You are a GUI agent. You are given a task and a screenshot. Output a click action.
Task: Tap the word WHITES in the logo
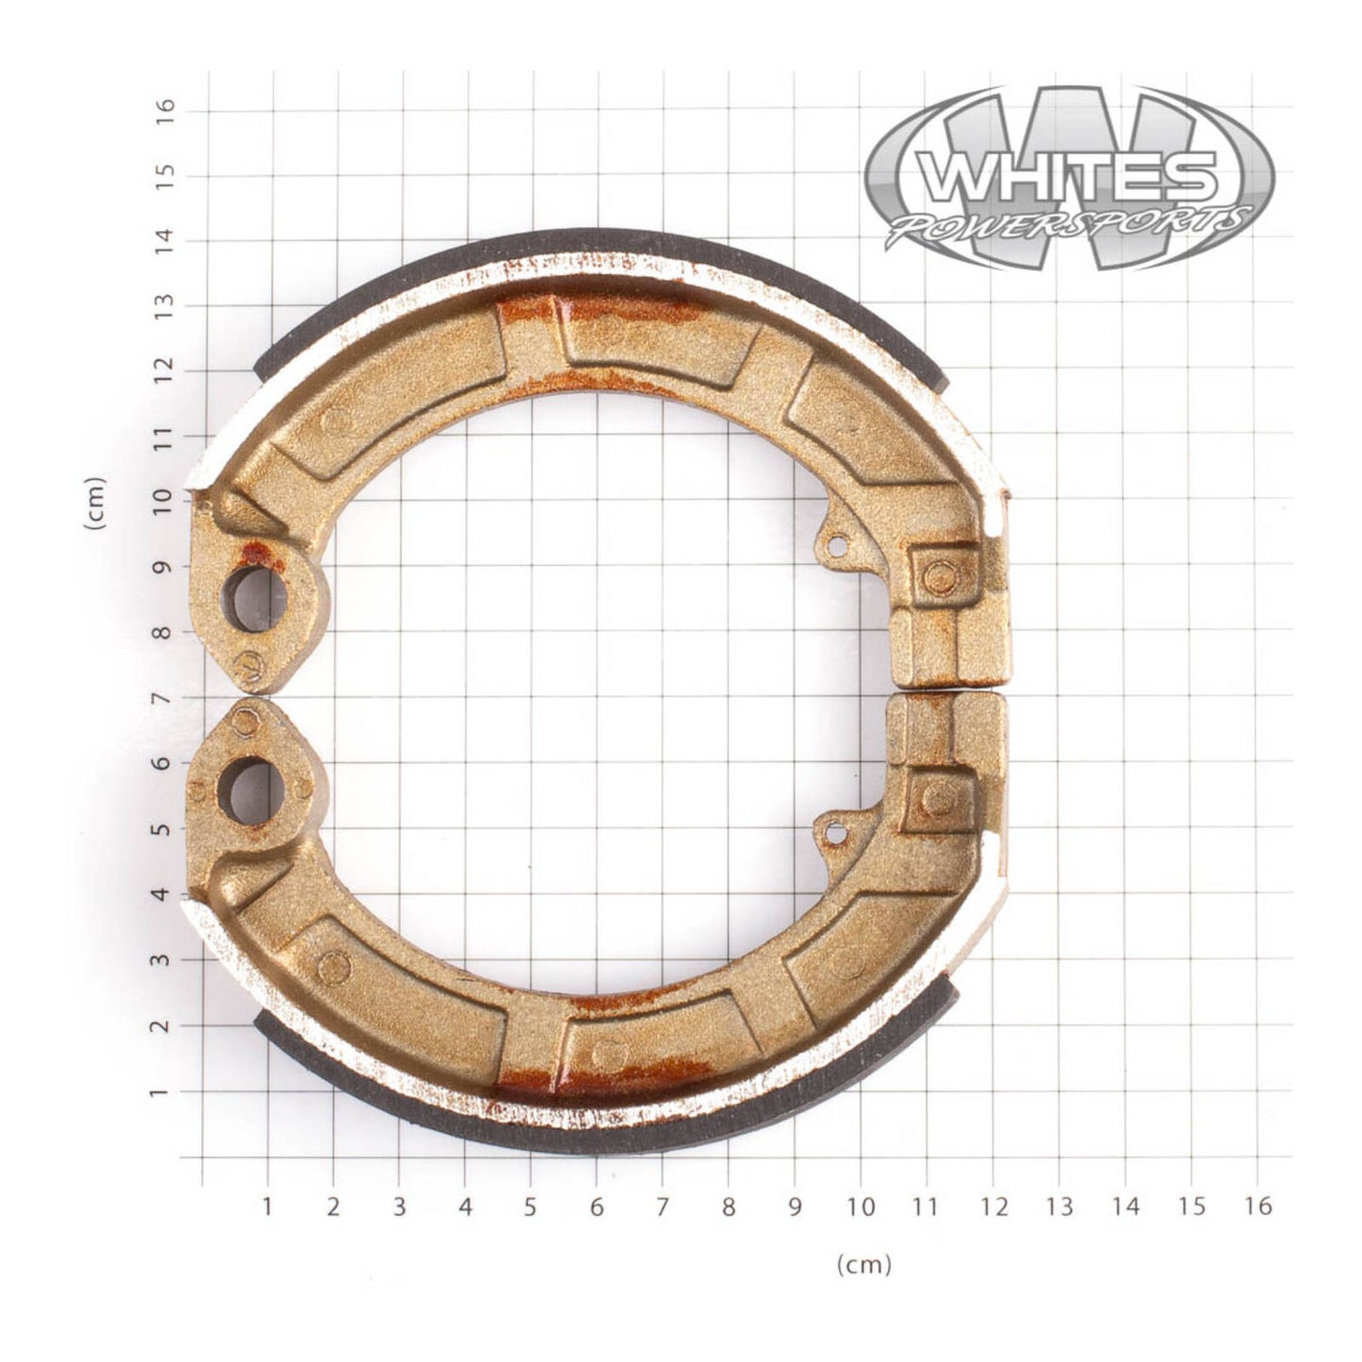click(x=1067, y=177)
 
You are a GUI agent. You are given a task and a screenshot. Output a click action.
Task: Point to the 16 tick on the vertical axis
click(x=167, y=110)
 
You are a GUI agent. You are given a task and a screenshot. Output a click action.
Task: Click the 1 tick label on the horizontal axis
click(x=267, y=1206)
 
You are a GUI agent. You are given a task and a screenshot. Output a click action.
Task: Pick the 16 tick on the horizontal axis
click(x=1257, y=1206)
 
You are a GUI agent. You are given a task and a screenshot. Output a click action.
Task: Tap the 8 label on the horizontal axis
click(x=728, y=1206)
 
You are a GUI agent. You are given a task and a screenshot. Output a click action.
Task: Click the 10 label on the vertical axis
click(x=167, y=498)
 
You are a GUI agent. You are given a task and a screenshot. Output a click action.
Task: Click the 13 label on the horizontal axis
click(x=1059, y=1206)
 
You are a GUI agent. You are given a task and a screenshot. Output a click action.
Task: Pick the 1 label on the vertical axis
click(x=167, y=1091)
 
